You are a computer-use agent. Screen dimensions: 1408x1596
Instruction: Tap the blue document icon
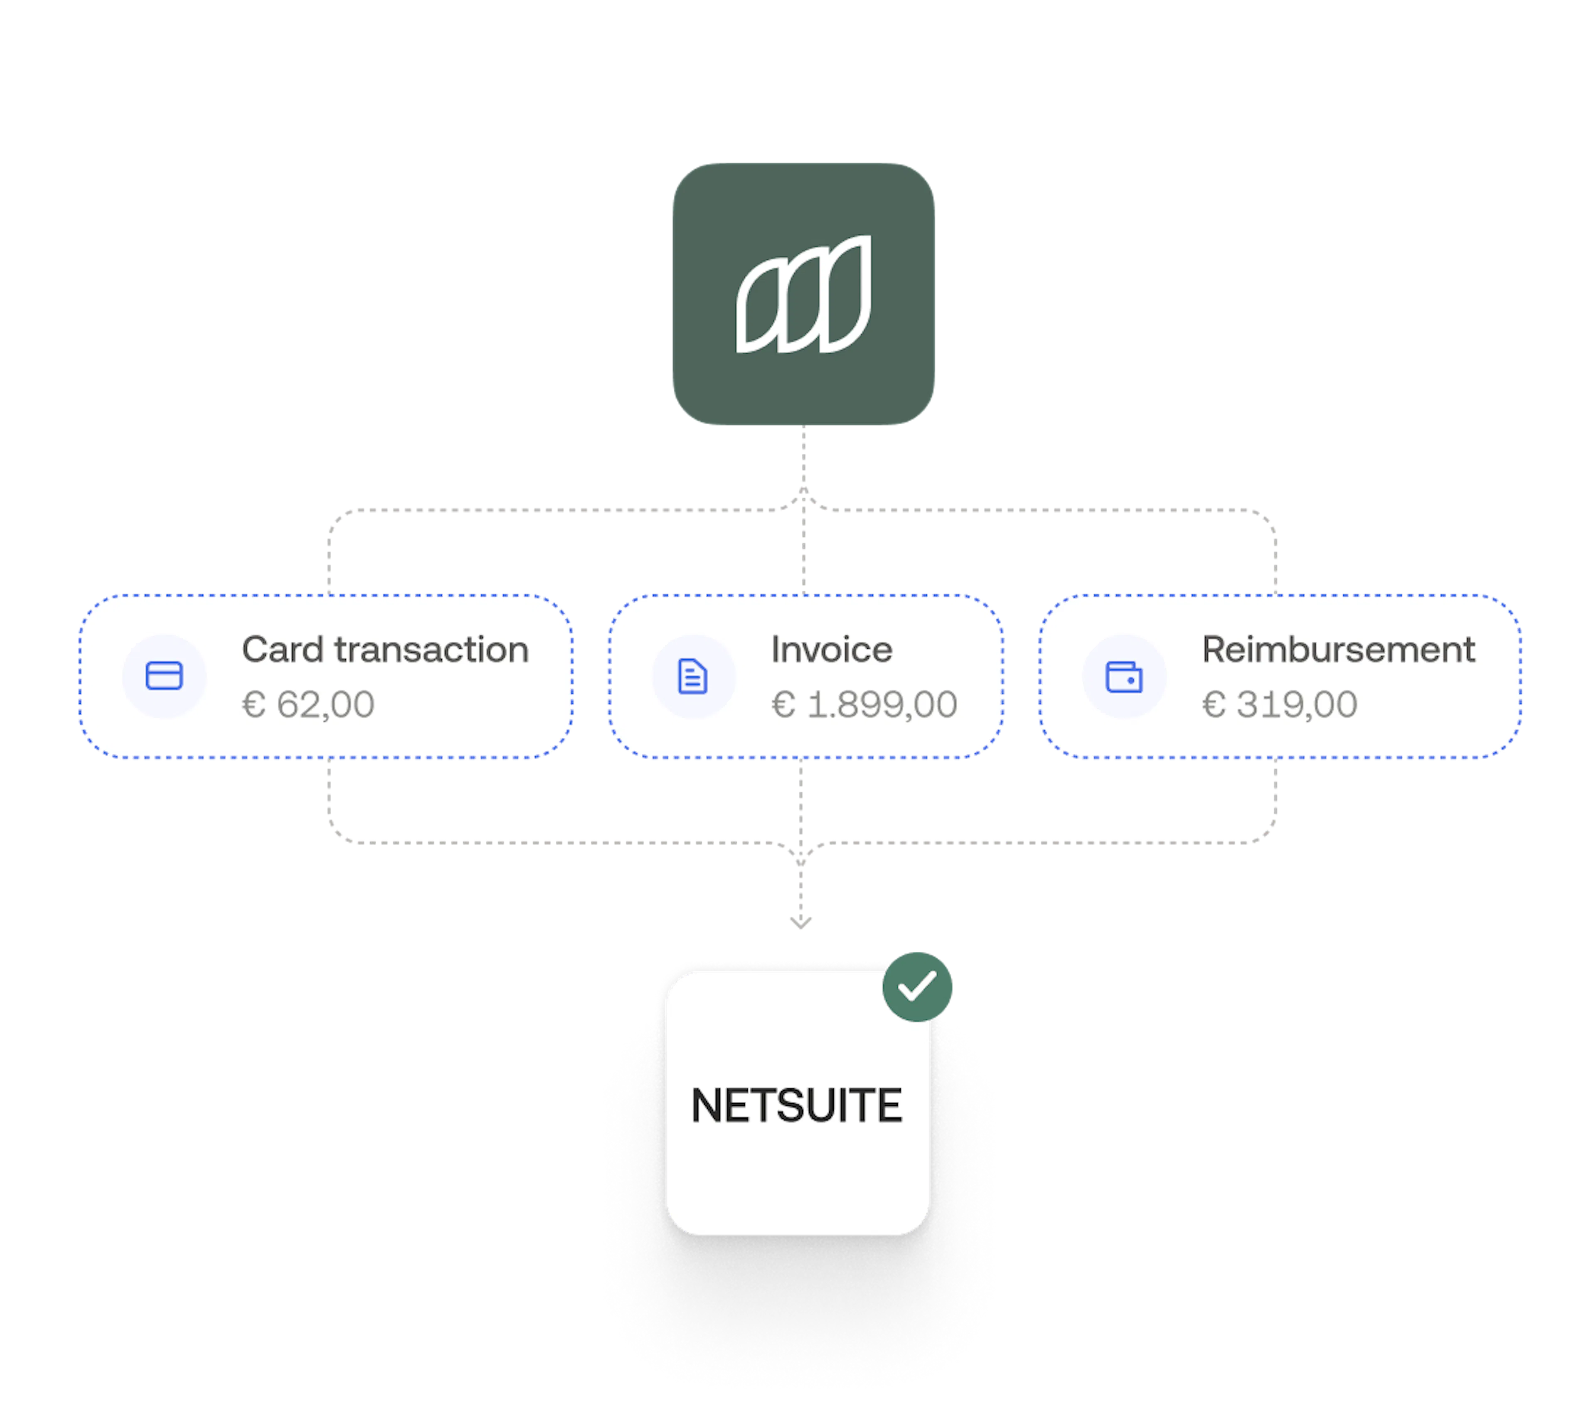(692, 676)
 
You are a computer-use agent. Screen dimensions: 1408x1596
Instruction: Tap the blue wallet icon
(1123, 676)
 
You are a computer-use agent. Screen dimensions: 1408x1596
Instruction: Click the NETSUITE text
(796, 1106)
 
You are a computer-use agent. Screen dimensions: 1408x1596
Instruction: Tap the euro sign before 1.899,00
(783, 704)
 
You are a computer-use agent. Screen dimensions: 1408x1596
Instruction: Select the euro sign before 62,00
(254, 704)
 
